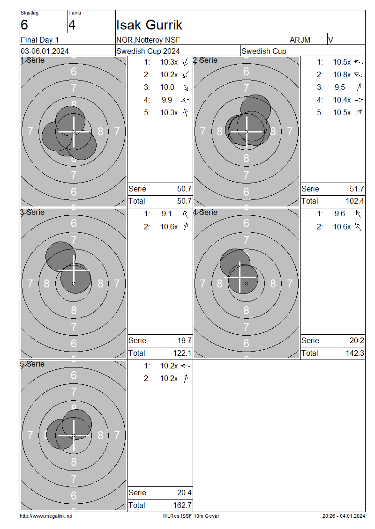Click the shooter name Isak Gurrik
click(149, 25)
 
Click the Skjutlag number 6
click(24, 25)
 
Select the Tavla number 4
click(72, 25)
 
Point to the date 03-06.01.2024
click(45, 51)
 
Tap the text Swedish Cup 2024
click(148, 51)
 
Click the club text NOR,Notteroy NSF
click(148, 40)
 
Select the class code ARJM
click(300, 40)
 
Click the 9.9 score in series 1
click(167, 100)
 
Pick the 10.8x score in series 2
click(342, 74)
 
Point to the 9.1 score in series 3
click(167, 214)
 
